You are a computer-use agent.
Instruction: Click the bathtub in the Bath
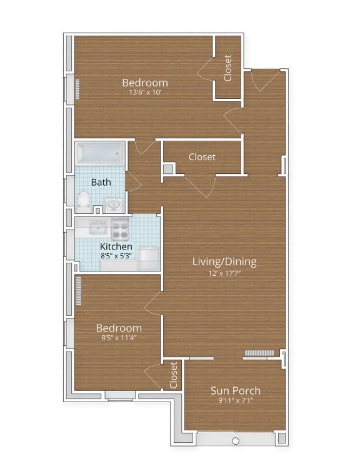click(99, 153)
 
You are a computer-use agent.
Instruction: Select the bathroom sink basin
click(113, 204)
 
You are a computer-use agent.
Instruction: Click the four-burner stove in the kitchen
click(120, 230)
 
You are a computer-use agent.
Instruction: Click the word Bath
click(101, 183)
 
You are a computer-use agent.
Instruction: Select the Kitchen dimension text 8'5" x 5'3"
click(116, 255)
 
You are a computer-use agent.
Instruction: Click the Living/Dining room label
click(224, 261)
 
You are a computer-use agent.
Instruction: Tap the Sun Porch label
click(235, 391)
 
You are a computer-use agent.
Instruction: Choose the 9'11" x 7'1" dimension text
click(235, 402)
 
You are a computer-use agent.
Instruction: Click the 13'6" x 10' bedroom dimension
click(145, 93)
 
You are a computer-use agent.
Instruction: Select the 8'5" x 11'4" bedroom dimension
click(118, 338)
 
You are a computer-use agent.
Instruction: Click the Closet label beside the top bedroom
click(228, 68)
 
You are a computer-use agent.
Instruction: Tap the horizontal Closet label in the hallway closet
click(202, 157)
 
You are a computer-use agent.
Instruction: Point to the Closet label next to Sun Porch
click(174, 375)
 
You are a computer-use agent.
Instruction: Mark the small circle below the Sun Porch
click(236, 441)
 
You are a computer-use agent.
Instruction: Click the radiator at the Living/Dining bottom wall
click(259, 353)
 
